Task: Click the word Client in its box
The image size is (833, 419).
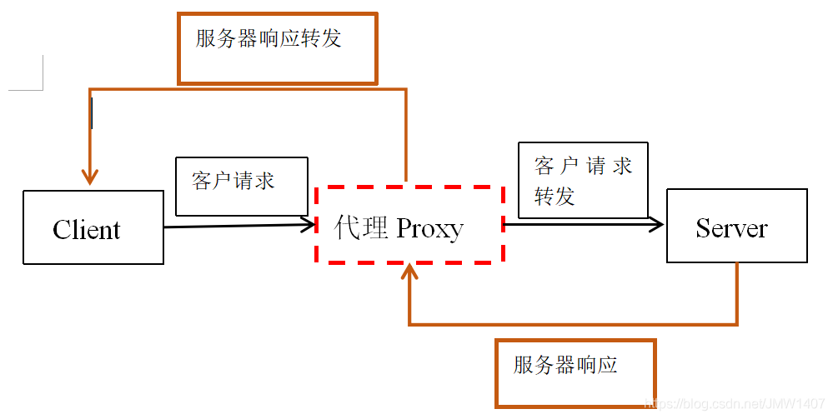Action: click(87, 230)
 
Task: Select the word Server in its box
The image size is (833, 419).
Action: click(731, 228)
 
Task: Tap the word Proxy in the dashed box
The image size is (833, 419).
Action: click(429, 227)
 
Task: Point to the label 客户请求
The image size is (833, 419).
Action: click(233, 181)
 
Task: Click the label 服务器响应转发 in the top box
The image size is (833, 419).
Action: click(268, 39)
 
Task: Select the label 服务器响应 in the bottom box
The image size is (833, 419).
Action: click(565, 365)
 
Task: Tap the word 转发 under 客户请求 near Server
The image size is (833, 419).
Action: click(554, 197)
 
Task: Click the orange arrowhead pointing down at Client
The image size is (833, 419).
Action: click(90, 177)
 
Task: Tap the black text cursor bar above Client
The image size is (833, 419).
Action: click(91, 113)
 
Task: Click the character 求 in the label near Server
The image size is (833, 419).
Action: click(622, 166)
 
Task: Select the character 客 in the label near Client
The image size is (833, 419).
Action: click(202, 181)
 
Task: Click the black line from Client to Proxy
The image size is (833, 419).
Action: click(233, 225)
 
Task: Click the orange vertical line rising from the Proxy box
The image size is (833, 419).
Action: click(406, 133)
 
